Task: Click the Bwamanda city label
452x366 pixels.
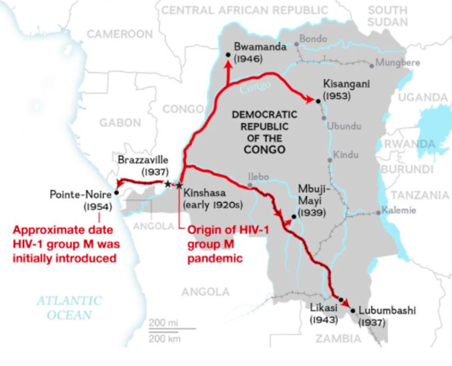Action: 260,47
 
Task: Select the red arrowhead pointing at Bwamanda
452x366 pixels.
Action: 226,63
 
